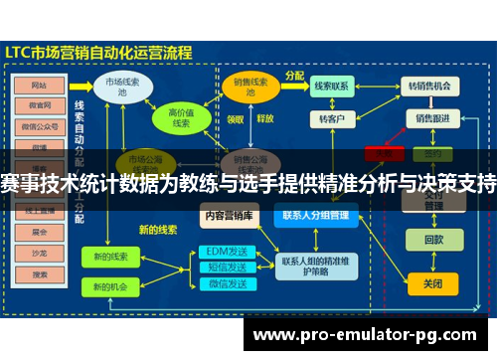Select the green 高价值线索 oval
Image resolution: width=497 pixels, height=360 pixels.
[181, 118]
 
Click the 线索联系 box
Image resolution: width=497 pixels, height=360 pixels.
[331, 87]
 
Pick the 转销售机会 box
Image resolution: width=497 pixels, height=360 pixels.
[431, 87]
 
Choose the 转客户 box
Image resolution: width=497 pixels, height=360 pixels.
[331, 118]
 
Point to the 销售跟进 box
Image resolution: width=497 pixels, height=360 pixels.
[431, 118]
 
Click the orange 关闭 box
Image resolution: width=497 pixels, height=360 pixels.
[432, 283]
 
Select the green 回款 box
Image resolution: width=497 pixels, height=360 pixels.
[432, 240]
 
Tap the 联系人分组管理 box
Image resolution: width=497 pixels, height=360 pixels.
[315, 214]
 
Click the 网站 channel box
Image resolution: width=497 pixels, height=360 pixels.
[40, 86]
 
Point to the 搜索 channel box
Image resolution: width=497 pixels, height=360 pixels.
[40, 275]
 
